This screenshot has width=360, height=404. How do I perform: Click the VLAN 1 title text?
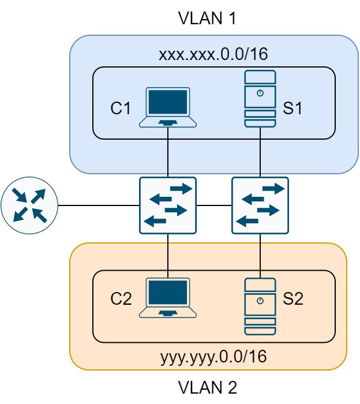[208, 18]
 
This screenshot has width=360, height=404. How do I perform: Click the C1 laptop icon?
[168, 107]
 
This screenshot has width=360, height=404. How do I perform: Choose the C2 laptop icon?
[168, 298]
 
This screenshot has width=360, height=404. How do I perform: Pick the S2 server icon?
[260, 306]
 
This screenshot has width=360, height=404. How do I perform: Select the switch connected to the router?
[168, 205]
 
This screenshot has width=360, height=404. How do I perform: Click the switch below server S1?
[260, 205]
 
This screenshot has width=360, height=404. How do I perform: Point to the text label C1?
[121, 108]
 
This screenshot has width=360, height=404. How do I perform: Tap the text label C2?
[121, 298]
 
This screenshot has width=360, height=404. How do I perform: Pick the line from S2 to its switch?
[260, 254]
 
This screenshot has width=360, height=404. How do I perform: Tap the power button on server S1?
[260, 93]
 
